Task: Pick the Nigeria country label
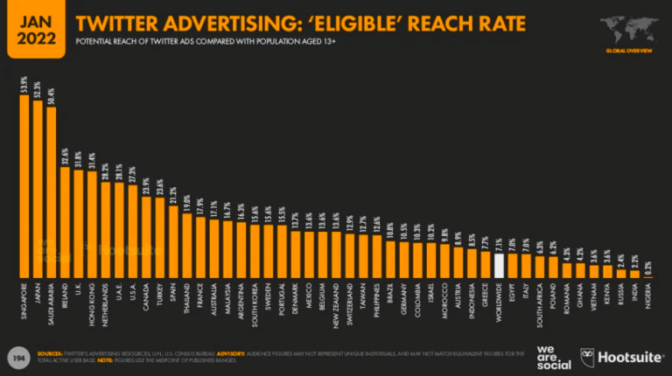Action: (x=647, y=297)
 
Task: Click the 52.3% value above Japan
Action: (x=38, y=90)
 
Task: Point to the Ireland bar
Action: (x=65, y=222)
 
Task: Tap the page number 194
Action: (x=17, y=357)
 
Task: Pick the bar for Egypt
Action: (x=512, y=266)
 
